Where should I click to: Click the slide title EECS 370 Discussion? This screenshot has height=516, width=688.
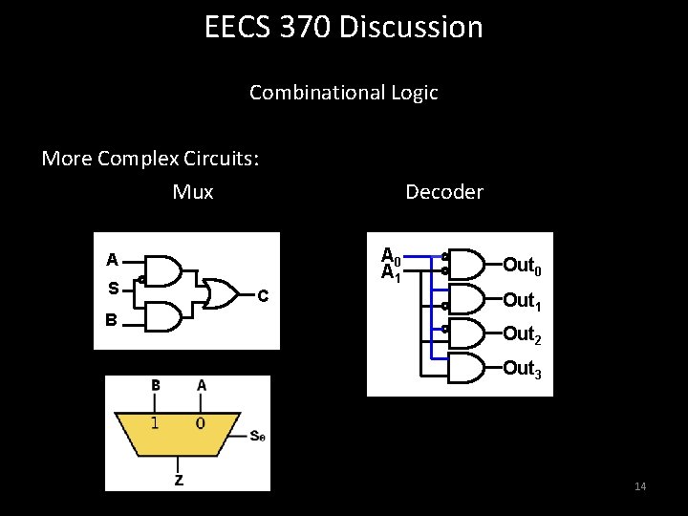pyautogui.click(x=344, y=27)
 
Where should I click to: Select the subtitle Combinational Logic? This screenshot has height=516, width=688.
pyautogui.click(x=344, y=93)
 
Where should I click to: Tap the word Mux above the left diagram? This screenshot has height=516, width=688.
pyautogui.click(x=193, y=192)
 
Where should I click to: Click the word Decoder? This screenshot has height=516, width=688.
pyautogui.click(x=444, y=192)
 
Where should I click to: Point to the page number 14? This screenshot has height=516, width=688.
pyautogui.click(x=640, y=487)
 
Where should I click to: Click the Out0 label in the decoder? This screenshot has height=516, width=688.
pyautogui.click(x=522, y=266)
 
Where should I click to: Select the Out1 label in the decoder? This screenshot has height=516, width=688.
pyautogui.click(x=522, y=300)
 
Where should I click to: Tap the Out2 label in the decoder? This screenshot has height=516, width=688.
pyautogui.click(x=522, y=334)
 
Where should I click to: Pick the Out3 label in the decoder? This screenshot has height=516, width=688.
pyautogui.click(x=522, y=369)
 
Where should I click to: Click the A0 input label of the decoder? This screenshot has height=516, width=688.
pyautogui.click(x=390, y=256)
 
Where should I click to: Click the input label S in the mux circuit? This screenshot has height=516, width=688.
pyautogui.click(x=113, y=288)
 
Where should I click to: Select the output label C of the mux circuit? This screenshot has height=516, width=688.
pyautogui.click(x=264, y=295)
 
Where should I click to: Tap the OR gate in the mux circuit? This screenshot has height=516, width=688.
pyautogui.click(x=223, y=294)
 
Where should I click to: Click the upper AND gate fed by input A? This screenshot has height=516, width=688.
pyautogui.click(x=165, y=270)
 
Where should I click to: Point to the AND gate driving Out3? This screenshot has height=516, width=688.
pyautogui.click(x=465, y=367)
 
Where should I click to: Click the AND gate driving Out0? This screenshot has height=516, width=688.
pyautogui.click(x=465, y=263)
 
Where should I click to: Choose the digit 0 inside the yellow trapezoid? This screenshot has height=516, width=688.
pyautogui.click(x=200, y=422)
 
